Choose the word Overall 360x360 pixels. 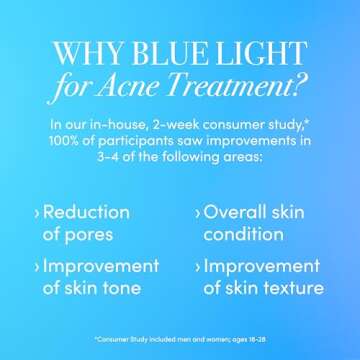[241, 213]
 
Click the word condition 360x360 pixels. [244, 236]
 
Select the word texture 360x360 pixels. [290, 290]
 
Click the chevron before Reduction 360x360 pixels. [37, 214]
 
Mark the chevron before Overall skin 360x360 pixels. [195, 214]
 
